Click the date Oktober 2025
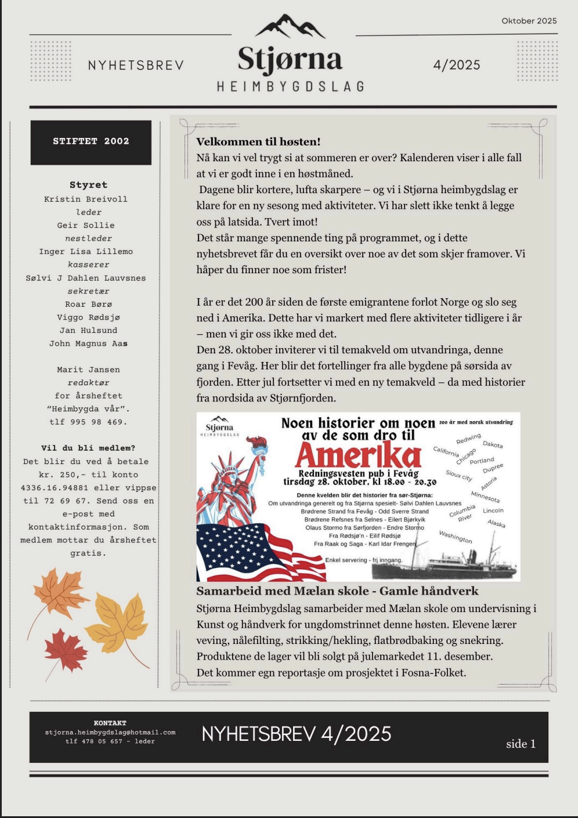(x=529, y=21)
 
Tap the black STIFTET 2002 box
(x=91, y=142)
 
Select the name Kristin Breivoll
(x=86, y=199)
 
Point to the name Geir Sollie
(x=86, y=225)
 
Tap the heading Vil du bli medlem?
(x=88, y=448)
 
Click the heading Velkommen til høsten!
(x=258, y=142)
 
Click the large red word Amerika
(x=357, y=456)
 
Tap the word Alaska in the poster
(x=496, y=523)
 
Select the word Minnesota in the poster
(x=485, y=497)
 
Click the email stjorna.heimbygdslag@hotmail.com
(x=110, y=732)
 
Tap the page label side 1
(x=521, y=744)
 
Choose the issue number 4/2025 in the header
(x=457, y=65)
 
